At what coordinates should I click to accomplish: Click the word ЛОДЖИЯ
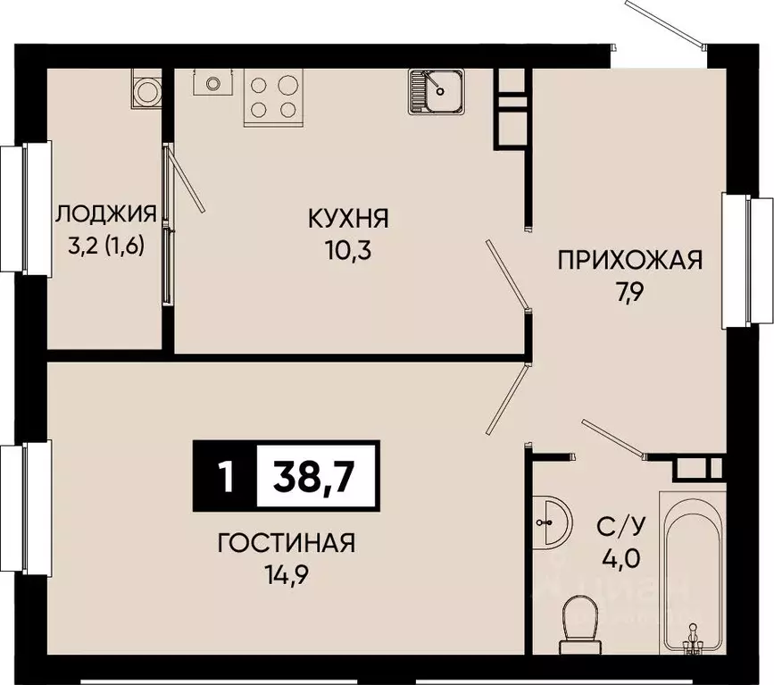click(x=106, y=214)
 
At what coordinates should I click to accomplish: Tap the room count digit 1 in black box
click(x=224, y=476)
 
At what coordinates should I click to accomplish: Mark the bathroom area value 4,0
click(x=617, y=559)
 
